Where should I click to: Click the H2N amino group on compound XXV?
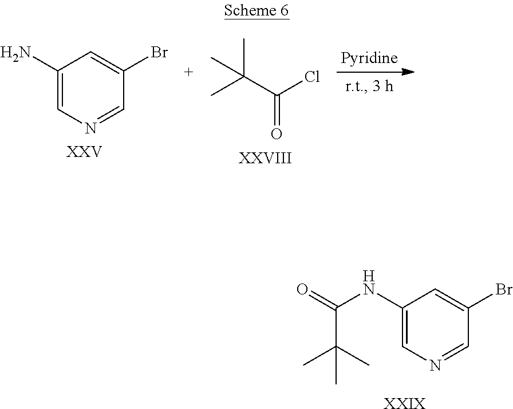tap(16, 54)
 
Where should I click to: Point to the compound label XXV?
tap(85, 153)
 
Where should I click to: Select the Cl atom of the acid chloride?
tap(311, 77)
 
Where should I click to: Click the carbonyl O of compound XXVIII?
tap(277, 134)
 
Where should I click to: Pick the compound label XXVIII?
tap(265, 158)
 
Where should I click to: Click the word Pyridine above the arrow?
tap(369, 58)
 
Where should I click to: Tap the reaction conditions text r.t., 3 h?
tap(369, 89)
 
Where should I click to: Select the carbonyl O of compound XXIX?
tap(303, 289)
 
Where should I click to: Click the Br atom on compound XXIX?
tap(503, 290)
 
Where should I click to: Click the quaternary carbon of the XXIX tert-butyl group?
tap(336, 345)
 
